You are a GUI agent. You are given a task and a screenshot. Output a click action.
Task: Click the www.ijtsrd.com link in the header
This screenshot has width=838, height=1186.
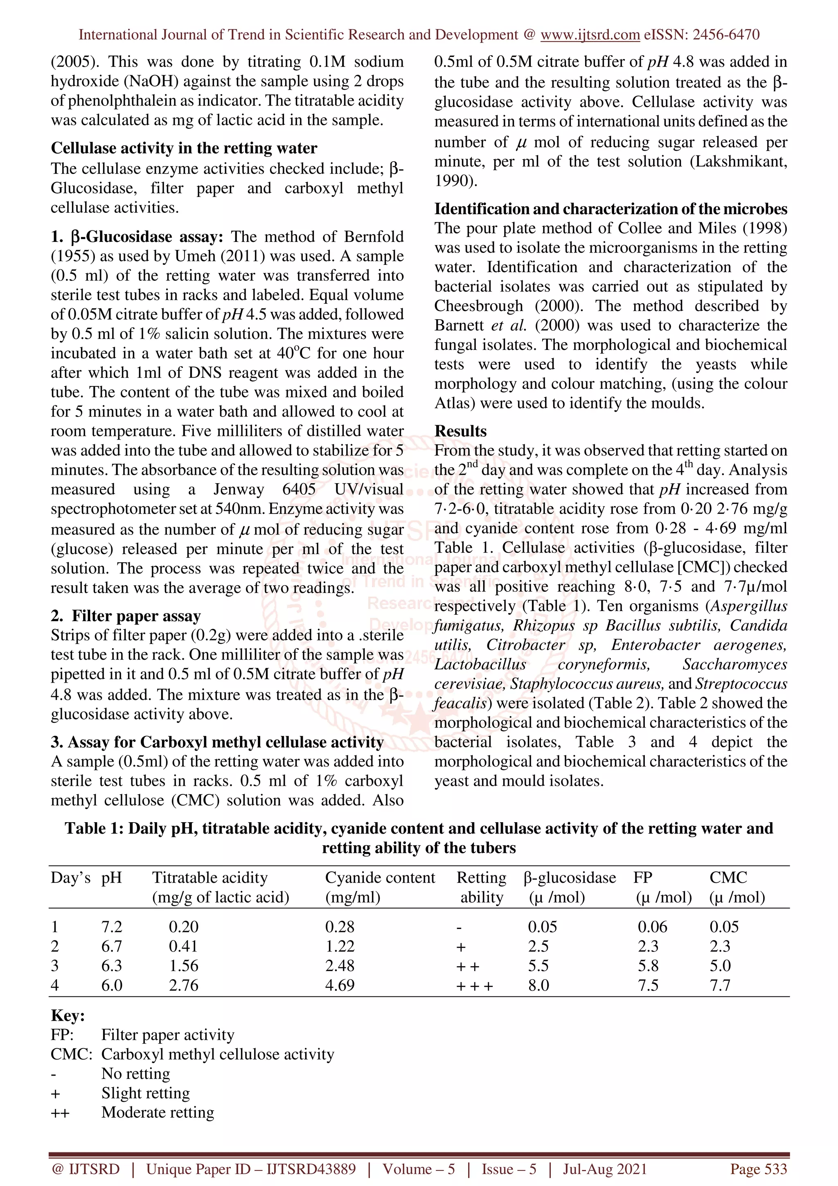click(x=590, y=35)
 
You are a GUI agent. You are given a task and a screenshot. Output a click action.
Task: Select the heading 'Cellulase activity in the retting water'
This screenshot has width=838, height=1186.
click(x=184, y=148)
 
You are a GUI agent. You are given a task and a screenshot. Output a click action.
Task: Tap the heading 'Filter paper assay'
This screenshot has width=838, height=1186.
click(x=136, y=616)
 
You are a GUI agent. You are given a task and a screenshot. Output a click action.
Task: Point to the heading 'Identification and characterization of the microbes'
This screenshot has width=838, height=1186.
click(x=610, y=209)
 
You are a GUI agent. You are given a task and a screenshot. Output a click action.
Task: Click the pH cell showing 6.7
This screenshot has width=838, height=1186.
click(x=112, y=946)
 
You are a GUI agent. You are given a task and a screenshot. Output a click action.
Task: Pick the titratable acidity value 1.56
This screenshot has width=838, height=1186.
click(x=183, y=966)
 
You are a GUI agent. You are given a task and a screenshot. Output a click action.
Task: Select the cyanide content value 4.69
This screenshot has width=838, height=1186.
click(x=339, y=985)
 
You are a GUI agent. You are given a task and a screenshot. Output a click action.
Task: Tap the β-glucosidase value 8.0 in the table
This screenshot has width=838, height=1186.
click(x=538, y=985)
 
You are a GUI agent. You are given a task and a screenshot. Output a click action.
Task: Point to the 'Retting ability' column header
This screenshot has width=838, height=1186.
click(x=481, y=887)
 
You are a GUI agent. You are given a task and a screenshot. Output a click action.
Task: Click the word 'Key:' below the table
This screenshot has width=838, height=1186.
click(x=68, y=1015)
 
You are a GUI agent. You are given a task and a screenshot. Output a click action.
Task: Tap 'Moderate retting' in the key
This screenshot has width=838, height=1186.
click(x=158, y=1112)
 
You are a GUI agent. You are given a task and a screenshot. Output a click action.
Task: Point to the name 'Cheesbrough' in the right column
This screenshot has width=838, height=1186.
click(x=478, y=306)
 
